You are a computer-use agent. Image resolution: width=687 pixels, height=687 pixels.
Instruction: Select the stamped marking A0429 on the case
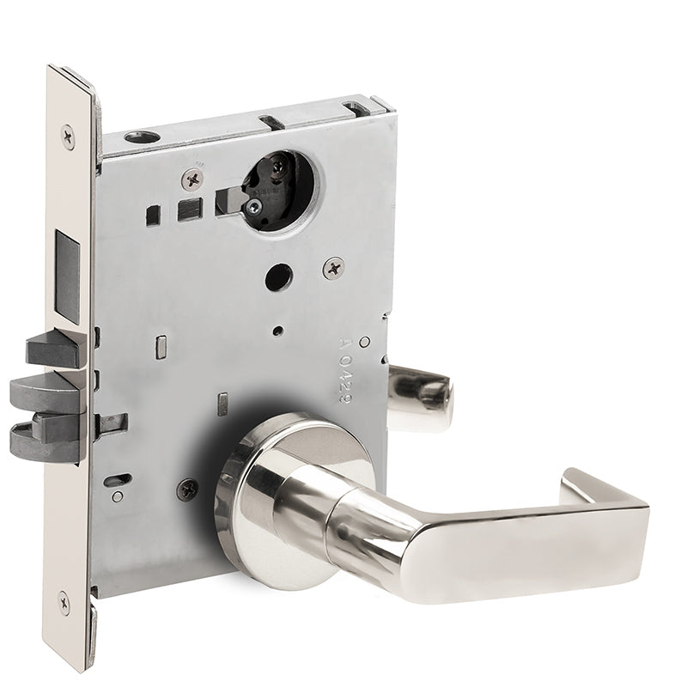click(343, 365)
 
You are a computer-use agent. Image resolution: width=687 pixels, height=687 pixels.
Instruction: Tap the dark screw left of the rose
click(187, 489)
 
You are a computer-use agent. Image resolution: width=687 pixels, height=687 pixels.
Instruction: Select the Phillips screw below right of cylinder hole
click(333, 268)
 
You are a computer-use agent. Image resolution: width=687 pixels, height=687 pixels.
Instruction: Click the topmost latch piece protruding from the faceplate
click(55, 351)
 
